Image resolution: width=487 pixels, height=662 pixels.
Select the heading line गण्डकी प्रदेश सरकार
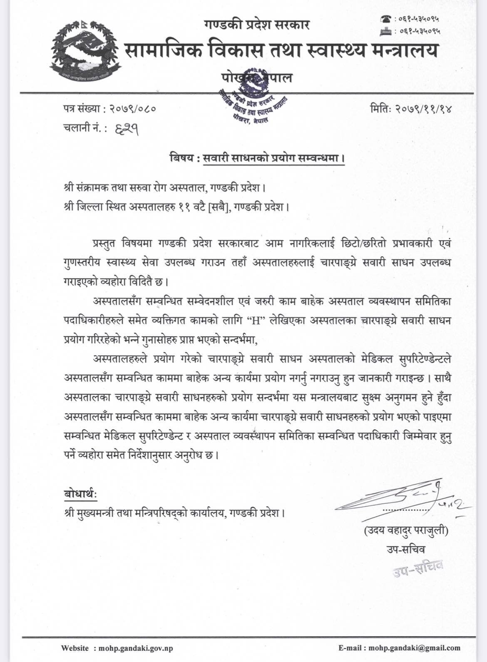(257, 25)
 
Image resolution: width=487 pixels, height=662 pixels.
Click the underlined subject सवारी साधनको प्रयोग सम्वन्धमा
(274, 159)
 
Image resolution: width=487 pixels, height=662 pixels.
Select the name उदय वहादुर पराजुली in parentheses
(406, 531)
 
